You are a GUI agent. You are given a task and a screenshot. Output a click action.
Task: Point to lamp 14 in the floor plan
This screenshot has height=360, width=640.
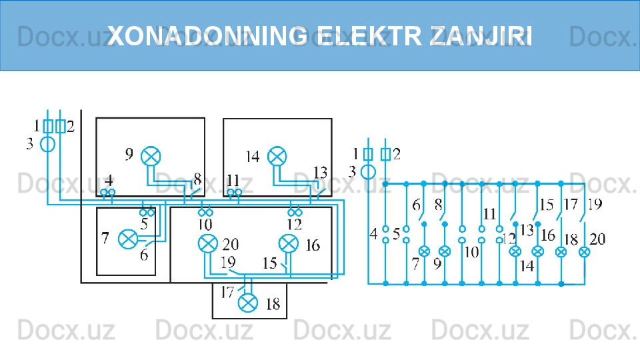pos(276,156)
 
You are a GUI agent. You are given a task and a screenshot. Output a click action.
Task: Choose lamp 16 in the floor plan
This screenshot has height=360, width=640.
pos(288,244)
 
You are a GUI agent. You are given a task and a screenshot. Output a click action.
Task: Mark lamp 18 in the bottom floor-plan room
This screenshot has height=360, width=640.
pos(248,303)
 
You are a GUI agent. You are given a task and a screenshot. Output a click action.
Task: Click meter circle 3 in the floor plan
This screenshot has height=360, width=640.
pos(48,143)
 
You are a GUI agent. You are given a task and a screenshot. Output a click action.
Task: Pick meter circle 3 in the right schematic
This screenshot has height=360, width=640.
pos(368,172)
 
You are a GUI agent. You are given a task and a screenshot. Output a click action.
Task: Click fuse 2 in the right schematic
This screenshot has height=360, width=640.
pos(385,155)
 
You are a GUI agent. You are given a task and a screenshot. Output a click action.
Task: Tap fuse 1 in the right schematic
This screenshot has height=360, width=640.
pos(368,155)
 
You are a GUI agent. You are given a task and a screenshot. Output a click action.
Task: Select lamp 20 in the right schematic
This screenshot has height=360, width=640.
pos(584,252)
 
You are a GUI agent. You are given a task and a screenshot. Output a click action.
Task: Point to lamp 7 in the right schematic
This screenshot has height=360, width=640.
pos(423,252)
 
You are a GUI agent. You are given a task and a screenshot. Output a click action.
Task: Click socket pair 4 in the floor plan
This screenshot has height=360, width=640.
pos(108,193)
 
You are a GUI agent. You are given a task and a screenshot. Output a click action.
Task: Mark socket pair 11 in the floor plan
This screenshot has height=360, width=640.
pos(234,193)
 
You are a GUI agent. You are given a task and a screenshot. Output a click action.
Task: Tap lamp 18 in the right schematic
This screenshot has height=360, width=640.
pos(561,252)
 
